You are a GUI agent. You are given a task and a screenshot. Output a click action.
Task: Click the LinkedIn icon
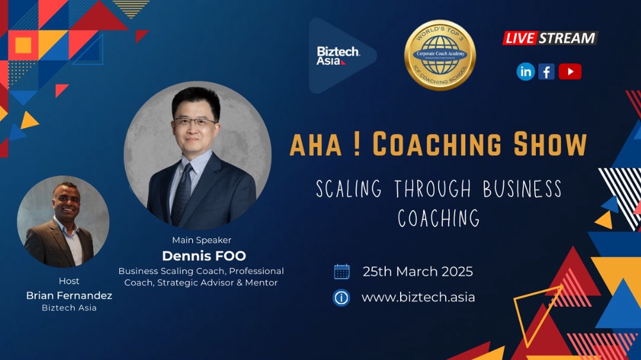coord(526,72)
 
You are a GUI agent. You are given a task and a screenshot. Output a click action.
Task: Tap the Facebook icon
coord(547,72)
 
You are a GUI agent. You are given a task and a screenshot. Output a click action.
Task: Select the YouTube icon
coord(570,72)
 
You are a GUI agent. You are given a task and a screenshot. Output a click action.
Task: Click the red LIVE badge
coord(519,38)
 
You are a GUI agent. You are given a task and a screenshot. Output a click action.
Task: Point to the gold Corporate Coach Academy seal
coord(440,54)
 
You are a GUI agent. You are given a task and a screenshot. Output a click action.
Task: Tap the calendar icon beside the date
coord(342,272)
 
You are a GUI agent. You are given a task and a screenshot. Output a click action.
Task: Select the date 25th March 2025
coord(417,272)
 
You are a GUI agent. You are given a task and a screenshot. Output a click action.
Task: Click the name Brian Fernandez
coord(69,295)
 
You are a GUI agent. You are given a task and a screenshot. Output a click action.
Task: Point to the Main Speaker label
coord(201,240)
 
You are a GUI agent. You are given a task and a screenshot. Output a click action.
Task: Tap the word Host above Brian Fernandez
coord(69,281)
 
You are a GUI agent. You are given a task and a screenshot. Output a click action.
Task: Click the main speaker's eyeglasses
coord(194,121)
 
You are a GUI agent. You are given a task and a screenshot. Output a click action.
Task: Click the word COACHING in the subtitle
coord(438,218)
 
